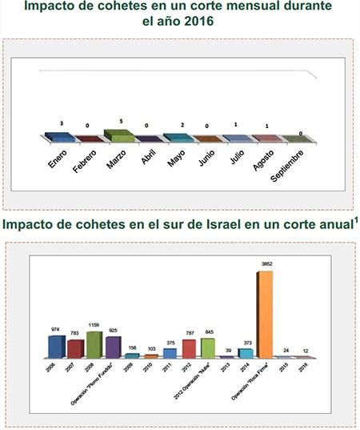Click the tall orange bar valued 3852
(264, 314)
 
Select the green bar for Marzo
(118, 136)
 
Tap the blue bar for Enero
(60, 138)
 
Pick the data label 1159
(94, 324)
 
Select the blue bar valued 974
(56, 346)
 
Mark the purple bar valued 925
(114, 347)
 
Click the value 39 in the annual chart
(226, 351)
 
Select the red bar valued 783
(75, 348)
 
